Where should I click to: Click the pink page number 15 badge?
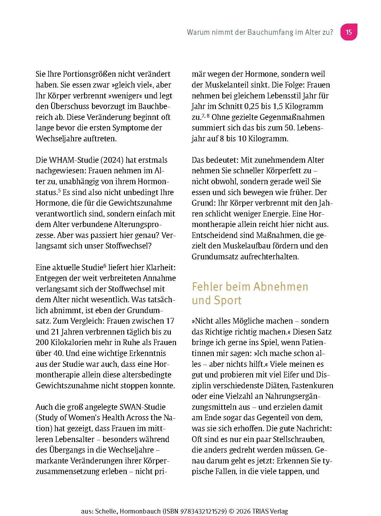click(x=349, y=32)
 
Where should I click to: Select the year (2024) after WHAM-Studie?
click(x=112, y=160)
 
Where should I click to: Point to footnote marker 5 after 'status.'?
click(x=60, y=191)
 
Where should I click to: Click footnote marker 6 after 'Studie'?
click(x=105, y=266)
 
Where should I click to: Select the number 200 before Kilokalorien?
click(x=42, y=342)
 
